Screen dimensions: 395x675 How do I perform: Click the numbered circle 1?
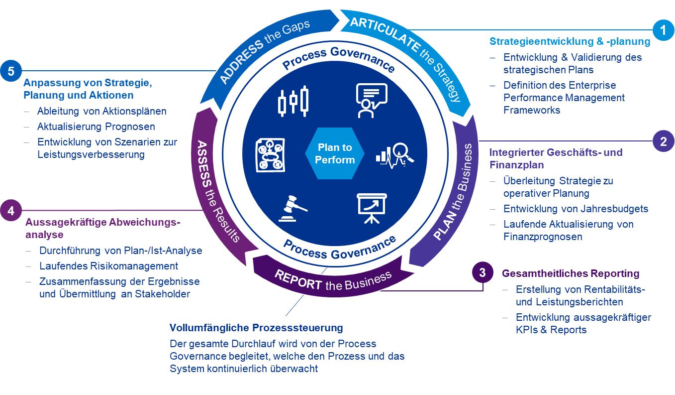(663, 30)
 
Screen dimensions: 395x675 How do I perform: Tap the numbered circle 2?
(663, 141)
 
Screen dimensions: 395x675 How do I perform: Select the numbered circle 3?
(482, 272)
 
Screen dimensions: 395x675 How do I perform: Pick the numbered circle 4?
(10, 210)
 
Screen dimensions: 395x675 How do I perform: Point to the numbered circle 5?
(10, 71)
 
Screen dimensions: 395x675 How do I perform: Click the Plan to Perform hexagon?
(335, 153)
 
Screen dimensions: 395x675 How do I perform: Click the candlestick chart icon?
(293, 101)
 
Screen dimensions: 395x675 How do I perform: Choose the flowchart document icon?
(270, 155)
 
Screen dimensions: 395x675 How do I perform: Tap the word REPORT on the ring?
(299, 281)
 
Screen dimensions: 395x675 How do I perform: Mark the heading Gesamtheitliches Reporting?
(571, 273)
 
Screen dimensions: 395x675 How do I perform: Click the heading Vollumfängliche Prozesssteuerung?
(256, 328)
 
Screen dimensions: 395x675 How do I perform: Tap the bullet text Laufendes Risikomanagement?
(108, 266)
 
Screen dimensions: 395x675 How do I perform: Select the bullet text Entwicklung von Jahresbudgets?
(576, 209)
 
